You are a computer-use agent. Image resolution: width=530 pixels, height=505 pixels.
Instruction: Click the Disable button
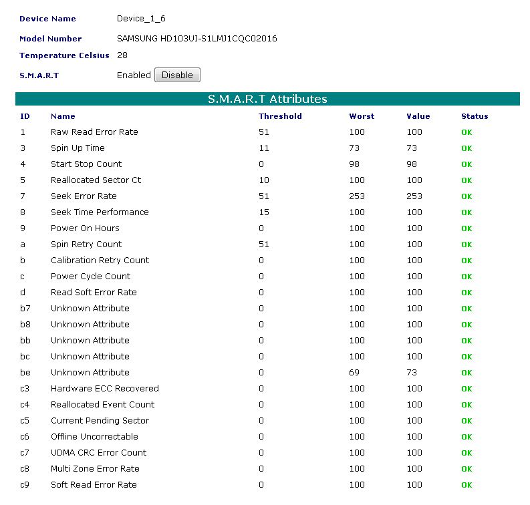(x=177, y=75)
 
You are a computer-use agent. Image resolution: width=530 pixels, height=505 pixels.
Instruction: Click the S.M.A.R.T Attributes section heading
(x=267, y=99)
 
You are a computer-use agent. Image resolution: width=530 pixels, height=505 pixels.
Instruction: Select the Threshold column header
(x=280, y=116)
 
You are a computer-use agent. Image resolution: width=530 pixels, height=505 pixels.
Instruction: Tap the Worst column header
(x=362, y=116)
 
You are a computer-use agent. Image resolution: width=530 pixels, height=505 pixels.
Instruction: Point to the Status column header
(x=475, y=116)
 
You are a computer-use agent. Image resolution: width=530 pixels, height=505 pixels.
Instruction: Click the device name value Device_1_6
(x=141, y=19)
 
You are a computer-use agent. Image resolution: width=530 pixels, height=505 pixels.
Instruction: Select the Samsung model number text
(x=196, y=39)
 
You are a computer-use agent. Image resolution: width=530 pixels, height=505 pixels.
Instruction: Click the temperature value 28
(x=122, y=55)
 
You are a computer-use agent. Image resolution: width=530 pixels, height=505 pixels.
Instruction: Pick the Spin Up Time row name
(x=78, y=148)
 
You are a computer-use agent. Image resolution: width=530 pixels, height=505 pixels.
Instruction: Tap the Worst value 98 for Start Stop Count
(x=354, y=164)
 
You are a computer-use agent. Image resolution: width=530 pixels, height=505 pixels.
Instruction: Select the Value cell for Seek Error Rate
(x=414, y=196)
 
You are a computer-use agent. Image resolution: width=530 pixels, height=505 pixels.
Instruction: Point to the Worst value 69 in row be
(x=354, y=373)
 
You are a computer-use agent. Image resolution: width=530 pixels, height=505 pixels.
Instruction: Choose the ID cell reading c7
(x=25, y=453)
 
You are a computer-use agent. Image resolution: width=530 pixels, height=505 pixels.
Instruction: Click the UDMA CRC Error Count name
(x=98, y=453)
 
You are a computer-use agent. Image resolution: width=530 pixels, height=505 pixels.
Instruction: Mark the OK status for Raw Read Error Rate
(x=467, y=132)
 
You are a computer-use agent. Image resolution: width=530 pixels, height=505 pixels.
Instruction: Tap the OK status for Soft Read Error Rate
(x=467, y=485)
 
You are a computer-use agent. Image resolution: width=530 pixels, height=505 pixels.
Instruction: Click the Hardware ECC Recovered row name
(x=104, y=389)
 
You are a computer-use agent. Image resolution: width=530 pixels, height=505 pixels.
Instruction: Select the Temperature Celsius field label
(x=64, y=55)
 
